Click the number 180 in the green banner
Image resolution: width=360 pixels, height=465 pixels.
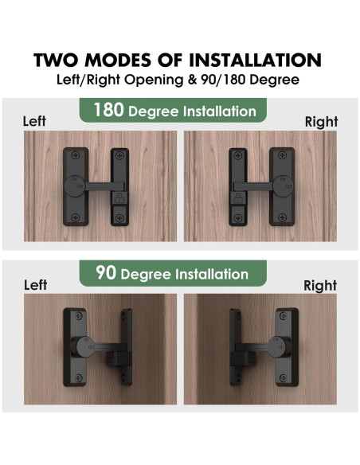point(109,110)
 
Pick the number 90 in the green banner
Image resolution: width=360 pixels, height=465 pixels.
point(105,274)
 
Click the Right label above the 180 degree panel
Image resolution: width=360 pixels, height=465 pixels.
point(321,122)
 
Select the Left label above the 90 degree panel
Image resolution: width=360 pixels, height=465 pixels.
point(36,284)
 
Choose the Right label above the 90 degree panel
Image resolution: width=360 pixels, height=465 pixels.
point(321,284)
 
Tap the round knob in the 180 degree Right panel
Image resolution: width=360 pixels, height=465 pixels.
point(284,186)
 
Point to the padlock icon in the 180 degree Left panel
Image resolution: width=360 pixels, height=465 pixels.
point(119,195)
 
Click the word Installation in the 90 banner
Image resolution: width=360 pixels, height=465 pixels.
point(205,275)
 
